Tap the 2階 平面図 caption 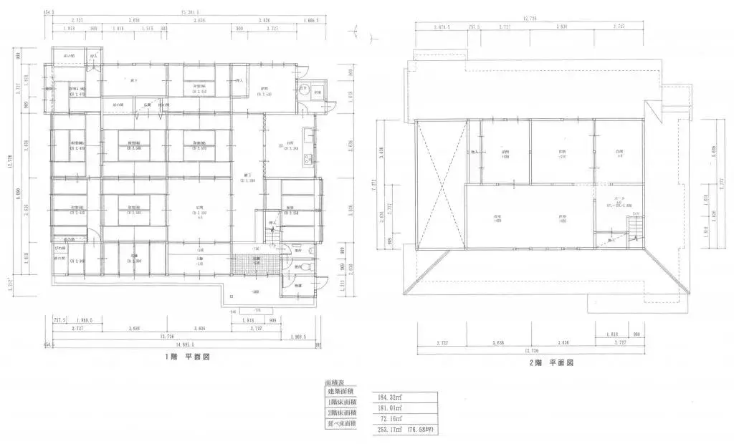(x=552, y=363)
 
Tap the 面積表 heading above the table (x=336, y=384)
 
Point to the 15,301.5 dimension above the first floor (x=190, y=12)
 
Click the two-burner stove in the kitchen (x=308, y=158)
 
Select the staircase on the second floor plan (x=634, y=231)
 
